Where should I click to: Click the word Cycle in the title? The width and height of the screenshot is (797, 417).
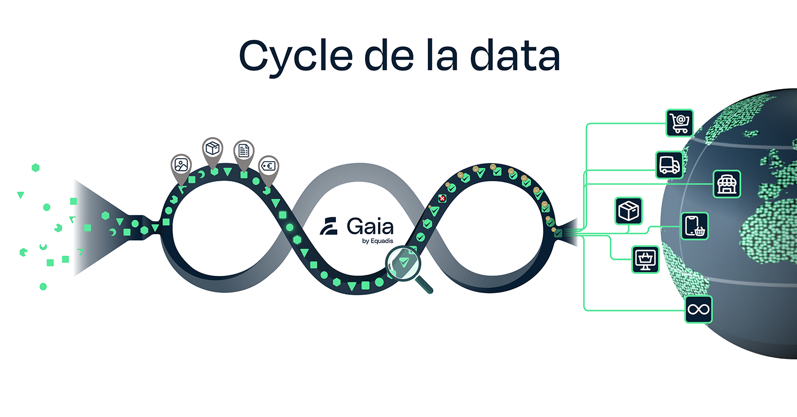pos(296,57)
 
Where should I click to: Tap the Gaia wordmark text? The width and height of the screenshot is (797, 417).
pos(370,226)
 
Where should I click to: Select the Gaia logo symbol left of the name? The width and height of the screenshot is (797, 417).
pos(329,227)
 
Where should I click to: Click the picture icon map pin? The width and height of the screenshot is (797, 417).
pos(181,166)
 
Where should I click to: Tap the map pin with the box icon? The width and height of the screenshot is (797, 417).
pos(212,149)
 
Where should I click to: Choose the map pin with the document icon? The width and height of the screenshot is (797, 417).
pos(244,151)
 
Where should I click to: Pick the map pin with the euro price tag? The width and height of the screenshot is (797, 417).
pos(268,167)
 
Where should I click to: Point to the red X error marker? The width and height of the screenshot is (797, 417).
pos(442,198)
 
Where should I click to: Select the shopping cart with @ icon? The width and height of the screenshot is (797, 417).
pos(680,123)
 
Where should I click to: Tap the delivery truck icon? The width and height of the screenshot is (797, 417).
pos(669,165)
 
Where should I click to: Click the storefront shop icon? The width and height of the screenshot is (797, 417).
pos(727,184)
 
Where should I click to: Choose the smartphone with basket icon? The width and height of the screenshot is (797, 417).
pos(695,226)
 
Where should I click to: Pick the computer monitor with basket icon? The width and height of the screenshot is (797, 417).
pos(645,259)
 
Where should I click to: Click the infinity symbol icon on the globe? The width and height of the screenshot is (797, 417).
pos(699,309)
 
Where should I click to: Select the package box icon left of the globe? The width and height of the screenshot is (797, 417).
pos(628,211)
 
